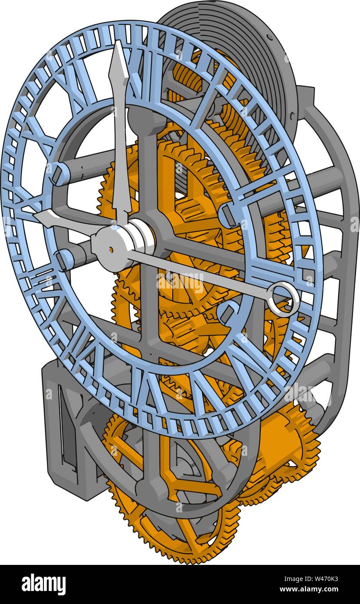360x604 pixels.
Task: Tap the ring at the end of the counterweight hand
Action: (x=283, y=299)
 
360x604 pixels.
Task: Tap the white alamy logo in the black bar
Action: (x=43, y=584)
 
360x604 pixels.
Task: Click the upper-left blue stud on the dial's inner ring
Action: (x=59, y=173)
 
